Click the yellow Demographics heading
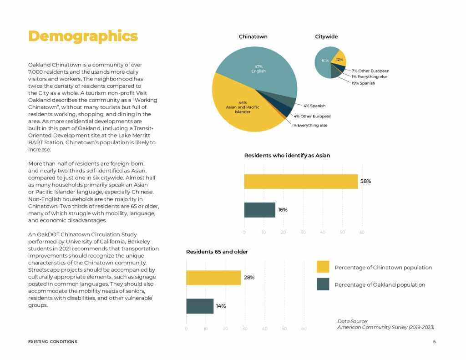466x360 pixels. [83, 36]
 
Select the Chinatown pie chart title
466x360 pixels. [253, 36]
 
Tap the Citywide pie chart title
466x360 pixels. [326, 36]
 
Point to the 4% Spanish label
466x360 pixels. [314, 106]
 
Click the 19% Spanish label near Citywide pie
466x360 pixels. [363, 83]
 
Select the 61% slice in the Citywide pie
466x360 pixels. [324, 61]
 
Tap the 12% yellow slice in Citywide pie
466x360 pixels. [339, 60]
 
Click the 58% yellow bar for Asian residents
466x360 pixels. [300, 181]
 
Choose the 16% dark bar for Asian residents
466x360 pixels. [259, 210]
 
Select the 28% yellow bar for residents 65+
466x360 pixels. [213, 277]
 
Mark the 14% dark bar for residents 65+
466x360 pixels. [200, 306]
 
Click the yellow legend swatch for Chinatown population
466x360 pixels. [323, 267]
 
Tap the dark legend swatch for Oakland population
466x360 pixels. [323, 284]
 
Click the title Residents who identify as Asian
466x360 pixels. [287, 155]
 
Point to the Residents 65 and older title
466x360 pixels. [217, 251]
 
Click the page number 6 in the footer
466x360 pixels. [434, 341]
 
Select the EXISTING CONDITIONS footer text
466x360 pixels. [52, 341]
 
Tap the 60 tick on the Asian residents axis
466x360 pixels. [362, 232]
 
